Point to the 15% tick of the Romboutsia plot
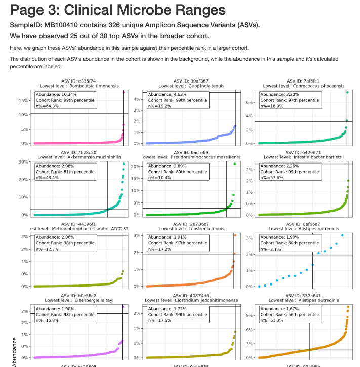[23, 101]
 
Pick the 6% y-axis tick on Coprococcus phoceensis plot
[250, 102]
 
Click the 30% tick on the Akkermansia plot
[23, 162]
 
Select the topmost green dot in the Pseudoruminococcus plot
[235, 164]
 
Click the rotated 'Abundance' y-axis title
[14, 351]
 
